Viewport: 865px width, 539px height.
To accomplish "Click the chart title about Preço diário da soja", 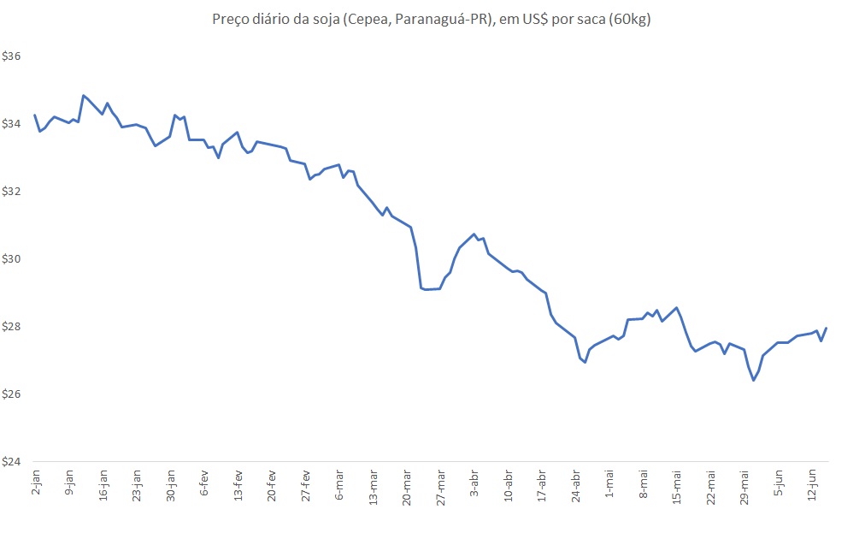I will pyautogui.click(x=432, y=20).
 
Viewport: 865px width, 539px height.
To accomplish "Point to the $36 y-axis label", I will pyautogui.click(x=12, y=56).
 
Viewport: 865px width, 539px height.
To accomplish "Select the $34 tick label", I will pyautogui.click(x=12, y=124).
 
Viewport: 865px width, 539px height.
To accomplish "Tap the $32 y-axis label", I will pyautogui.click(x=12, y=192).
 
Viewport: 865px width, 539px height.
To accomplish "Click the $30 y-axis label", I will pyautogui.click(x=12, y=259).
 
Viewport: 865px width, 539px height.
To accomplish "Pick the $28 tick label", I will pyautogui.click(x=12, y=327).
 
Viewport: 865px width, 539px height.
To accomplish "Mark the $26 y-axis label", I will pyautogui.click(x=12, y=394).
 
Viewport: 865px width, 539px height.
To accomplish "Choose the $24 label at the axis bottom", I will pyautogui.click(x=12, y=462).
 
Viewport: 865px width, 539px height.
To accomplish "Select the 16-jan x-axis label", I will pyautogui.click(x=103, y=485).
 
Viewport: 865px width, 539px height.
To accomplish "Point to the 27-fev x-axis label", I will pyautogui.click(x=306, y=485).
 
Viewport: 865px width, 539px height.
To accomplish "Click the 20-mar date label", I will pyautogui.click(x=407, y=486).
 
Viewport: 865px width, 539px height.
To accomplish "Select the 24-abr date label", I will pyautogui.click(x=575, y=485).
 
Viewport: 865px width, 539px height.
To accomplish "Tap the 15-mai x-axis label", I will pyautogui.click(x=677, y=486).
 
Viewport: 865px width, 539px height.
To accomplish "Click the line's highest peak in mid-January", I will pyautogui.click(x=83, y=95).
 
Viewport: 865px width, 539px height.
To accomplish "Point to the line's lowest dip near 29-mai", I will pyautogui.click(x=753, y=380).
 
